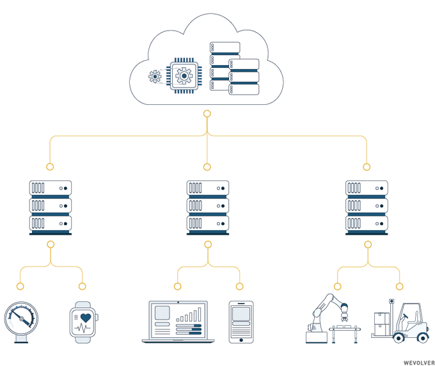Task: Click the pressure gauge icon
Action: click(x=21, y=321)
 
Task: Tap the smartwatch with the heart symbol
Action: click(x=84, y=322)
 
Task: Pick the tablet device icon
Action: click(x=241, y=322)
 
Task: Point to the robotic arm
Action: click(x=327, y=314)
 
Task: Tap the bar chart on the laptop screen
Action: click(x=190, y=314)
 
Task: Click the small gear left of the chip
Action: click(x=154, y=77)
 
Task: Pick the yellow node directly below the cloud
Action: click(x=207, y=114)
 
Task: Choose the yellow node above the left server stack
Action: click(x=51, y=167)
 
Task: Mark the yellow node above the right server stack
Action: click(x=367, y=167)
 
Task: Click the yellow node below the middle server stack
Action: click(x=207, y=244)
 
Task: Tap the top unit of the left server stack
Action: click(x=51, y=188)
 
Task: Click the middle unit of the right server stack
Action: click(x=367, y=206)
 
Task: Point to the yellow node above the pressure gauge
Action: click(x=20, y=286)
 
